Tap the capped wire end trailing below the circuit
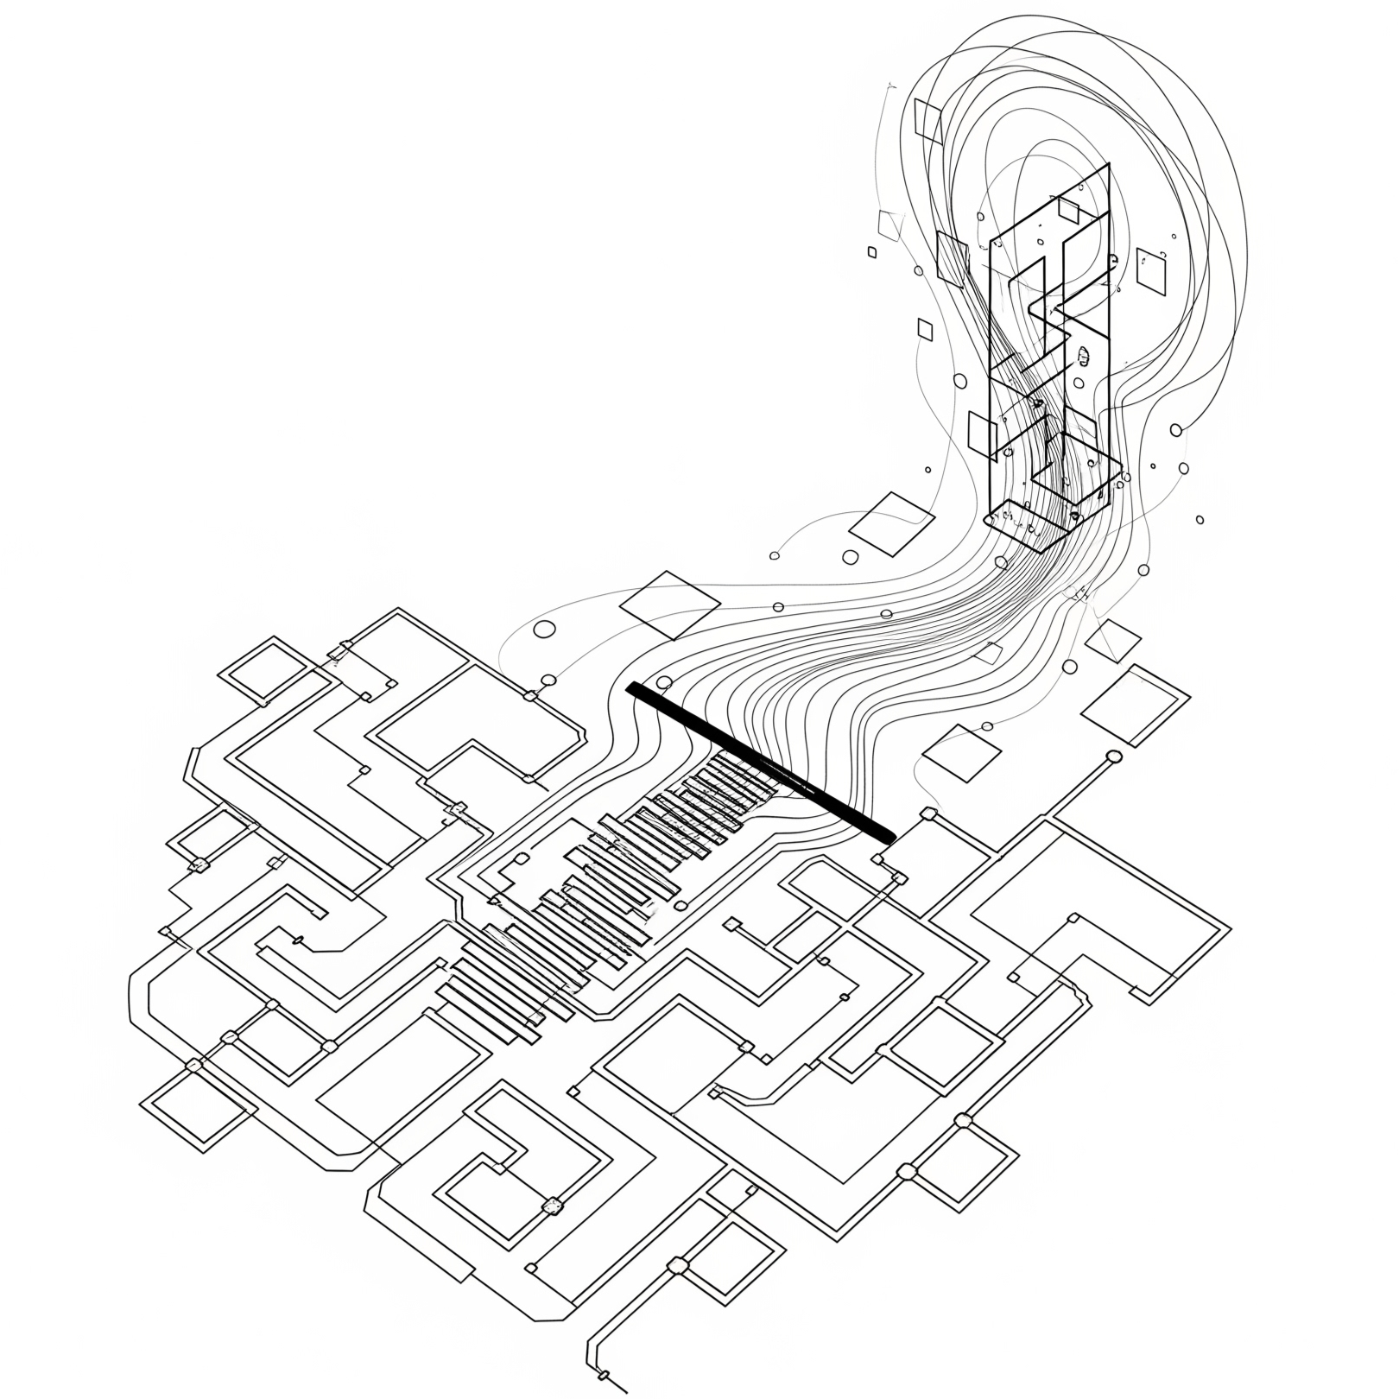(605, 1374)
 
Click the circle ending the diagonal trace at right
(1114, 757)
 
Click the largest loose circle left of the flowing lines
(545, 629)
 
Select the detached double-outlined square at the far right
(1135, 703)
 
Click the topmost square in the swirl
(928, 119)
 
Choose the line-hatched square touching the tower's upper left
(953, 256)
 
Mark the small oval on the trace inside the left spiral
(300, 939)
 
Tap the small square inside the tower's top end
(1069, 210)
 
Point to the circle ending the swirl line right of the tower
(1175, 429)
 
